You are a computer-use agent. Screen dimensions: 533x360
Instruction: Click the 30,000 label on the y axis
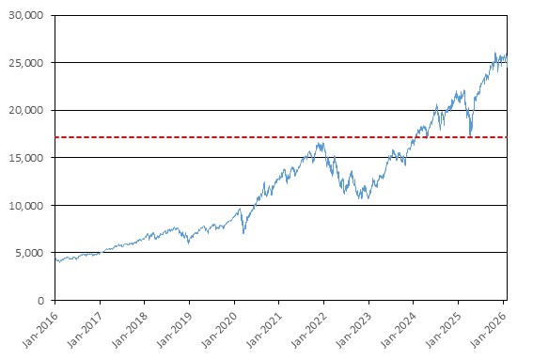[26, 15]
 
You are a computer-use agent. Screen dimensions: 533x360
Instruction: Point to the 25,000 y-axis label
[26, 63]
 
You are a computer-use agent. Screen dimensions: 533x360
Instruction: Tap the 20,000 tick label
[26, 110]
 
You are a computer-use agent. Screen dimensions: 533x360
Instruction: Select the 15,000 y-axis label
[26, 158]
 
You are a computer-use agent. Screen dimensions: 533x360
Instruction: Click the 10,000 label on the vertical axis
[26, 205]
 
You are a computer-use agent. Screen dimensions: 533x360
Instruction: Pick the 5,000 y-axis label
[29, 253]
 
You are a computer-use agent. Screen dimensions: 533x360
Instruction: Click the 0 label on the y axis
[40, 301]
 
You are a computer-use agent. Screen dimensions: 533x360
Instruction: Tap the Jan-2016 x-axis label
[40, 329]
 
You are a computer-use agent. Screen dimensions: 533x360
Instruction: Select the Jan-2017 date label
[86, 329]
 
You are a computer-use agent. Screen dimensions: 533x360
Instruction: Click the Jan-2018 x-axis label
[130, 329]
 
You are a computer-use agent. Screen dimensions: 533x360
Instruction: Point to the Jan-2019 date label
[175, 329]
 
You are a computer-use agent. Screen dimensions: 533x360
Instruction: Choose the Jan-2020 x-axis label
[220, 329]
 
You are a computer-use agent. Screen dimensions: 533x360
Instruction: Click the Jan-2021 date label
[264, 329]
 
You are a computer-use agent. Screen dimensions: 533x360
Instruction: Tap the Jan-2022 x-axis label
[309, 329]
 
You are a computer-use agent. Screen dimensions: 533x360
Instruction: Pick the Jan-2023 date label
[353, 329]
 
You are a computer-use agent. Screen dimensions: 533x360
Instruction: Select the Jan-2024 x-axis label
[399, 329]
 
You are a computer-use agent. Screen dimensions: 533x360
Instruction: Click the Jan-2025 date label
[444, 329]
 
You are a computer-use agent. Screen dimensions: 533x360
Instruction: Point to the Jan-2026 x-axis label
[489, 329]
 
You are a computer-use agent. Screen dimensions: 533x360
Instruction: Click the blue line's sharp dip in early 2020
[243, 233]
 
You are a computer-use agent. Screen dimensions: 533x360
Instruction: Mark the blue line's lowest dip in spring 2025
[470, 134]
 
